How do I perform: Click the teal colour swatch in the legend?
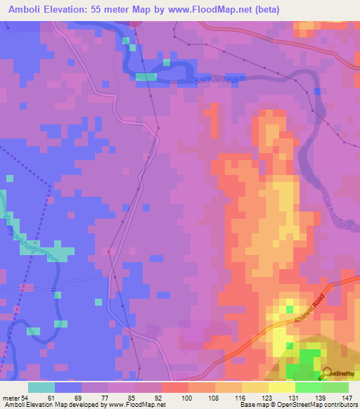(x=41, y=387)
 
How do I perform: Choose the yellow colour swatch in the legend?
(x=281, y=387)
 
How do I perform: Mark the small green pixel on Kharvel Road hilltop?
(x=289, y=309)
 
